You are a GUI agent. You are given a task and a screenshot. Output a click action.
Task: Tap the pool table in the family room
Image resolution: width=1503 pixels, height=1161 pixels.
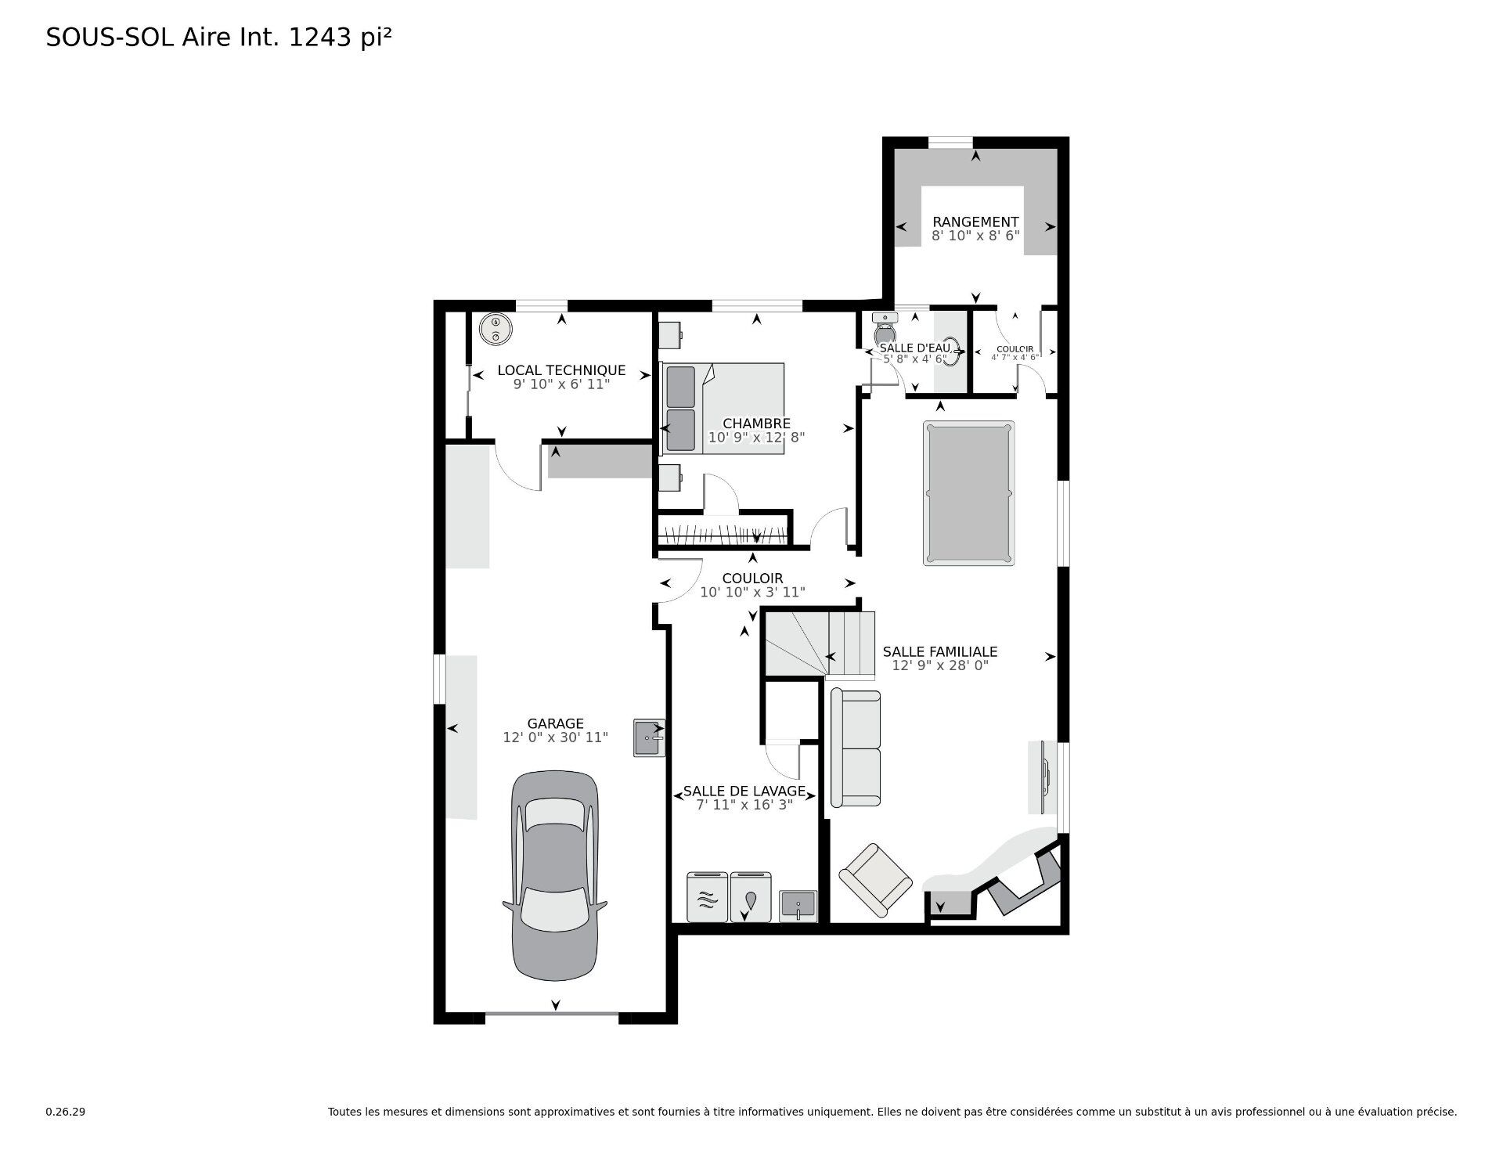click(x=968, y=493)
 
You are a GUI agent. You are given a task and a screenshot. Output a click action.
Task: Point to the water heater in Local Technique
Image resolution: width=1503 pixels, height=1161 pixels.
click(x=495, y=329)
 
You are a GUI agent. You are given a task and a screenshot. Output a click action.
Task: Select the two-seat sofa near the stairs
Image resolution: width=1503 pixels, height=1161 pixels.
click(x=855, y=748)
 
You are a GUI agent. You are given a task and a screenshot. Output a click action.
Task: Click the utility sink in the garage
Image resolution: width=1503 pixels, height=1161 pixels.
click(x=649, y=737)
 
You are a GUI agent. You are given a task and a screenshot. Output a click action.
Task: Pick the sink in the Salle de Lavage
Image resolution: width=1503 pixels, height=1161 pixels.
click(x=798, y=906)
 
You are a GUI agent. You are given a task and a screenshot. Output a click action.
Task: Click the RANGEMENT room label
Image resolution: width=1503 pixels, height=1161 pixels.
click(x=975, y=222)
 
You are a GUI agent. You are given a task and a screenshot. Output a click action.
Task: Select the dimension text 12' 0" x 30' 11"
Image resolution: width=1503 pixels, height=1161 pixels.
click(x=555, y=737)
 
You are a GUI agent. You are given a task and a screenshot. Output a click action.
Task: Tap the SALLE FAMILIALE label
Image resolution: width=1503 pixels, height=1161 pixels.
click(x=939, y=651)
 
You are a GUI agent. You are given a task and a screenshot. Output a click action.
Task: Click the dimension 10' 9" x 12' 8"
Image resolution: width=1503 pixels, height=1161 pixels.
click(x=756, y=438)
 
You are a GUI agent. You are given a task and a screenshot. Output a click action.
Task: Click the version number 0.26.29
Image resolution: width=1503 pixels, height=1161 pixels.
click(x=65, y=1112)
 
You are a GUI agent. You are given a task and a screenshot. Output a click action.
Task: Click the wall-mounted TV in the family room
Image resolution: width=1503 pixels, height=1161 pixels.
click(x=1045, y=777)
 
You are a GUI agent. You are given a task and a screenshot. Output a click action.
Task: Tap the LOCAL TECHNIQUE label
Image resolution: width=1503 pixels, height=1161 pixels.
click(x=561, y=370)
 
